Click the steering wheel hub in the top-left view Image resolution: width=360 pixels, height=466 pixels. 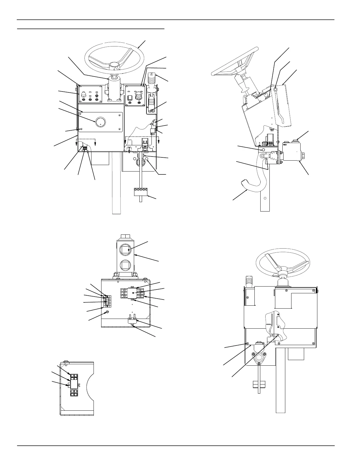point(114,65)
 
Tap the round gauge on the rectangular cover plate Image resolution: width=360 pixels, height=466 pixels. point(100,122)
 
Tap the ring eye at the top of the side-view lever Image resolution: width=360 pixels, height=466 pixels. point(276,89)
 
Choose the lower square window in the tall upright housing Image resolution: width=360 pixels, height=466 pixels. point(126,266)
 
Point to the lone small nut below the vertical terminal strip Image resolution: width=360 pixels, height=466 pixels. point(107,312)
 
